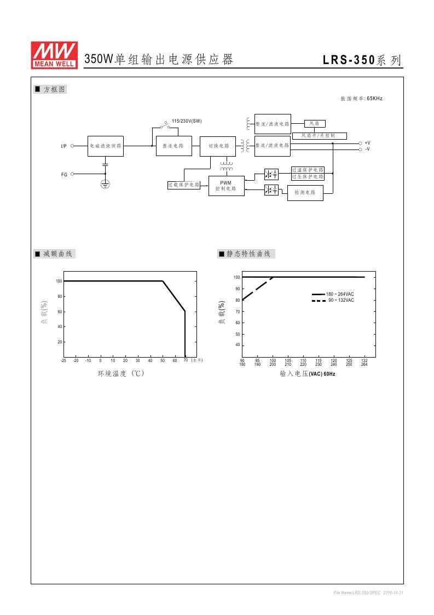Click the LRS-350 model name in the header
click(348, 60)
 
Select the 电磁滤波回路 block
click(106, 146)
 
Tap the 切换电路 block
click(218, 146)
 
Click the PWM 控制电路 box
click(226, 186)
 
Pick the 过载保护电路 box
click(184, 185)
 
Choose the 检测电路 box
click(305, 193)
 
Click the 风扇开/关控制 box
click(319, 135)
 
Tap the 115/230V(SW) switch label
click(187, 121)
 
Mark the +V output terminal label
click(367, 142)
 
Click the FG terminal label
click(64, 174)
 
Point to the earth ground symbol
click(106, 185)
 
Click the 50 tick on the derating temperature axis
click(163, 360)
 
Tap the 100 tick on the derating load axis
click(59, 281)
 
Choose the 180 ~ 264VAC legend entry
click(340, 295)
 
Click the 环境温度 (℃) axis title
click(121, 373)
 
